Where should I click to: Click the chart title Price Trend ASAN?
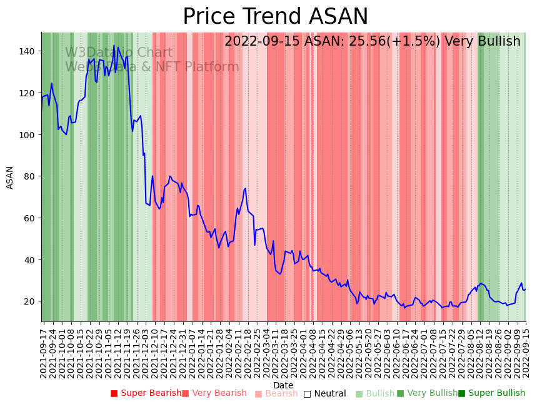(275, 17)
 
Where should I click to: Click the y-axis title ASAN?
(10, 177)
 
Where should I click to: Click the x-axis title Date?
(283, 385)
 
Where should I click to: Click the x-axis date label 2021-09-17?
(43, 350)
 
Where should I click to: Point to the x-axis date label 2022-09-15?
(525, 350)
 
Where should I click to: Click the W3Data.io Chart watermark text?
(119, 53)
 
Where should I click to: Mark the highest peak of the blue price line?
(114, 46)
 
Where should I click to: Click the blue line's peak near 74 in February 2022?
(245, 188)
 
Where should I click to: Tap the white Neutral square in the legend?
(307, 393)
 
